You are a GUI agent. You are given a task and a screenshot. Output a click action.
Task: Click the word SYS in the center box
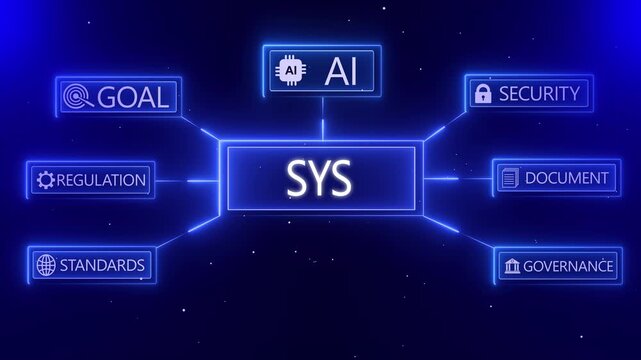point(319,179)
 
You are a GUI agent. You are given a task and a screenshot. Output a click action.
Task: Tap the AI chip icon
point(291,71)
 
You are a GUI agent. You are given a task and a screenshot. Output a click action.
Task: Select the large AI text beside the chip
point(341,70)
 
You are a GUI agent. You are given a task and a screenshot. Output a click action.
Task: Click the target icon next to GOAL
point(74,97)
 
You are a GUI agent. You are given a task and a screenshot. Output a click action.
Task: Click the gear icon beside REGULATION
point(45,181)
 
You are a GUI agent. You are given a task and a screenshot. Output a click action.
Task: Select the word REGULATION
point(102,181)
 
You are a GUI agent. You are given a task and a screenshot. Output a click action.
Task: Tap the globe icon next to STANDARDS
point(45,265)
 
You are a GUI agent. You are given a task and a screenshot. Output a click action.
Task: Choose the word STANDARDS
point(102,265)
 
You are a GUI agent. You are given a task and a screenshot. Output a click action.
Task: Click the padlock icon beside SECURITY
point(482,94)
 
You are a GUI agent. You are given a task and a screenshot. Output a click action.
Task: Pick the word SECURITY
point(539,94)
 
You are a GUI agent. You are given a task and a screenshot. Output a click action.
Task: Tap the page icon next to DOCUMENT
point(509,178)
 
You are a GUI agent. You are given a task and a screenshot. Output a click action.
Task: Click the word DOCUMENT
point(565,178)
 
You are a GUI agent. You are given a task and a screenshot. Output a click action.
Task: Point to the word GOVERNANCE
point(567,266)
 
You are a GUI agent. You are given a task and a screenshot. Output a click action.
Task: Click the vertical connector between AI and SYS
point(322,128)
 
